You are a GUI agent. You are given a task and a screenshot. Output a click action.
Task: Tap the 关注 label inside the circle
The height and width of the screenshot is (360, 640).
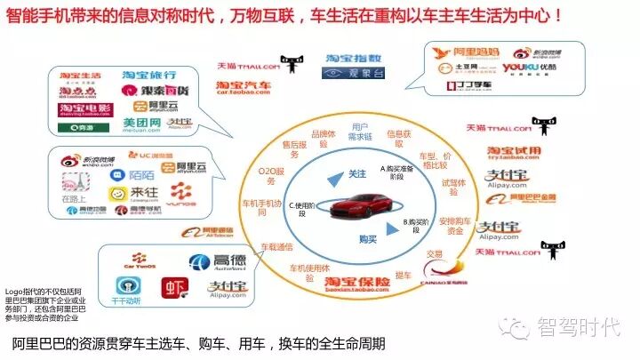(356, 172)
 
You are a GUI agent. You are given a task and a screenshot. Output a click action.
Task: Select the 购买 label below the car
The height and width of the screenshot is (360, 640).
(367, 238)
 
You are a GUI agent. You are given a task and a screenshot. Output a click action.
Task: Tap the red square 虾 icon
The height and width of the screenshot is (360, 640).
(174, 287)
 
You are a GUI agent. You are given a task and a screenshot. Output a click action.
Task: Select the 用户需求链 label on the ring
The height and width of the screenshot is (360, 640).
(360, 132)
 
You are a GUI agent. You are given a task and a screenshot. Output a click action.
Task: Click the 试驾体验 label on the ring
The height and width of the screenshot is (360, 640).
(453, 186)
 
